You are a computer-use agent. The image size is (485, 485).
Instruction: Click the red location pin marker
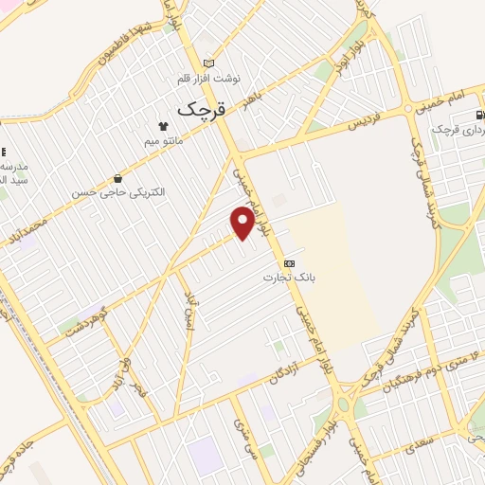[x=243, y=223]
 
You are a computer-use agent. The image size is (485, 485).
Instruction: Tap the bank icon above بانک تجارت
[x=290, y=262]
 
